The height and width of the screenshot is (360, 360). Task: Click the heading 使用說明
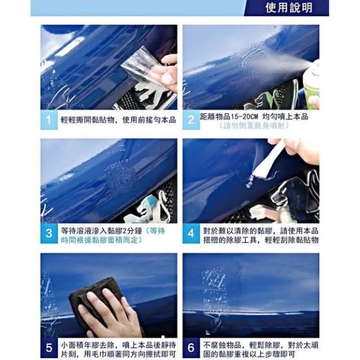289,8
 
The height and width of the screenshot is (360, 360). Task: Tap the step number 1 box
49,120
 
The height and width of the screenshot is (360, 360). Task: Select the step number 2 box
191,120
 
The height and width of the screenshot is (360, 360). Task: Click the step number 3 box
49,233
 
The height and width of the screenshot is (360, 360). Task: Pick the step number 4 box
191,233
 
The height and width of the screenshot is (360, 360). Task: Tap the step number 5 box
49,348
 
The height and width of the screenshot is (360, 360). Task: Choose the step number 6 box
191,348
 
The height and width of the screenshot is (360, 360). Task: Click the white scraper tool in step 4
269,163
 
